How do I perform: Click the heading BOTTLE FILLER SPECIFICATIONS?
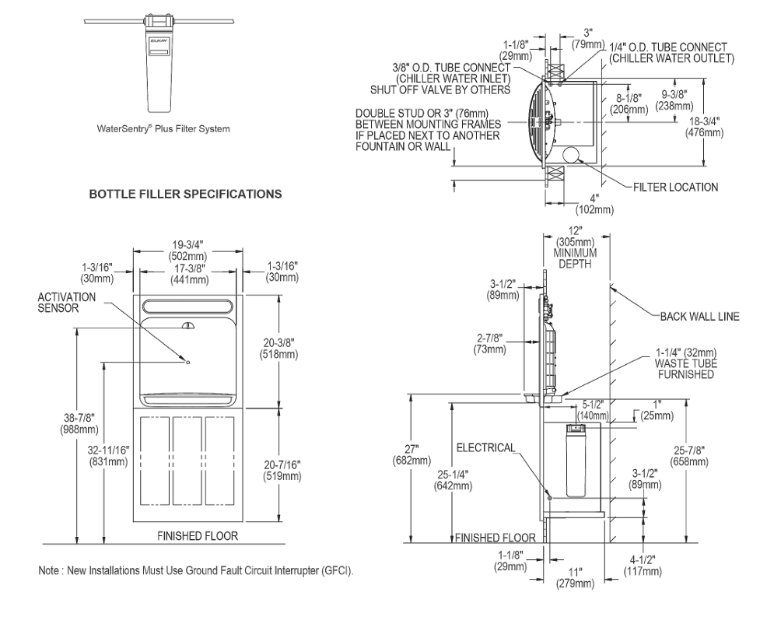click(185, 194)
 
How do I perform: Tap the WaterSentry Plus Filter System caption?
click(163, 129)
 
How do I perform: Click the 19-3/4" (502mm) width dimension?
click(187, 250)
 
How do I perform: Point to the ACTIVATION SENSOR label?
click(67, 302)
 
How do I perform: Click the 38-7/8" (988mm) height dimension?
click(79, 423)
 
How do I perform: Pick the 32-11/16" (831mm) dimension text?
click(108, 456)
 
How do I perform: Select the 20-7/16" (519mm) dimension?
click(282, 470)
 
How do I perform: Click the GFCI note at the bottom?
click(196, 570)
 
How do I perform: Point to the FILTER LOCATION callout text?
click(676, 188)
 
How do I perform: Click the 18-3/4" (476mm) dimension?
click(704, 127)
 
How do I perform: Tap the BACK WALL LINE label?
click(700, 317)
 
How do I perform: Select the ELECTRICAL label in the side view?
click(485, 447)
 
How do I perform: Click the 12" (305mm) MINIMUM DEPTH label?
click(576, 247)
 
